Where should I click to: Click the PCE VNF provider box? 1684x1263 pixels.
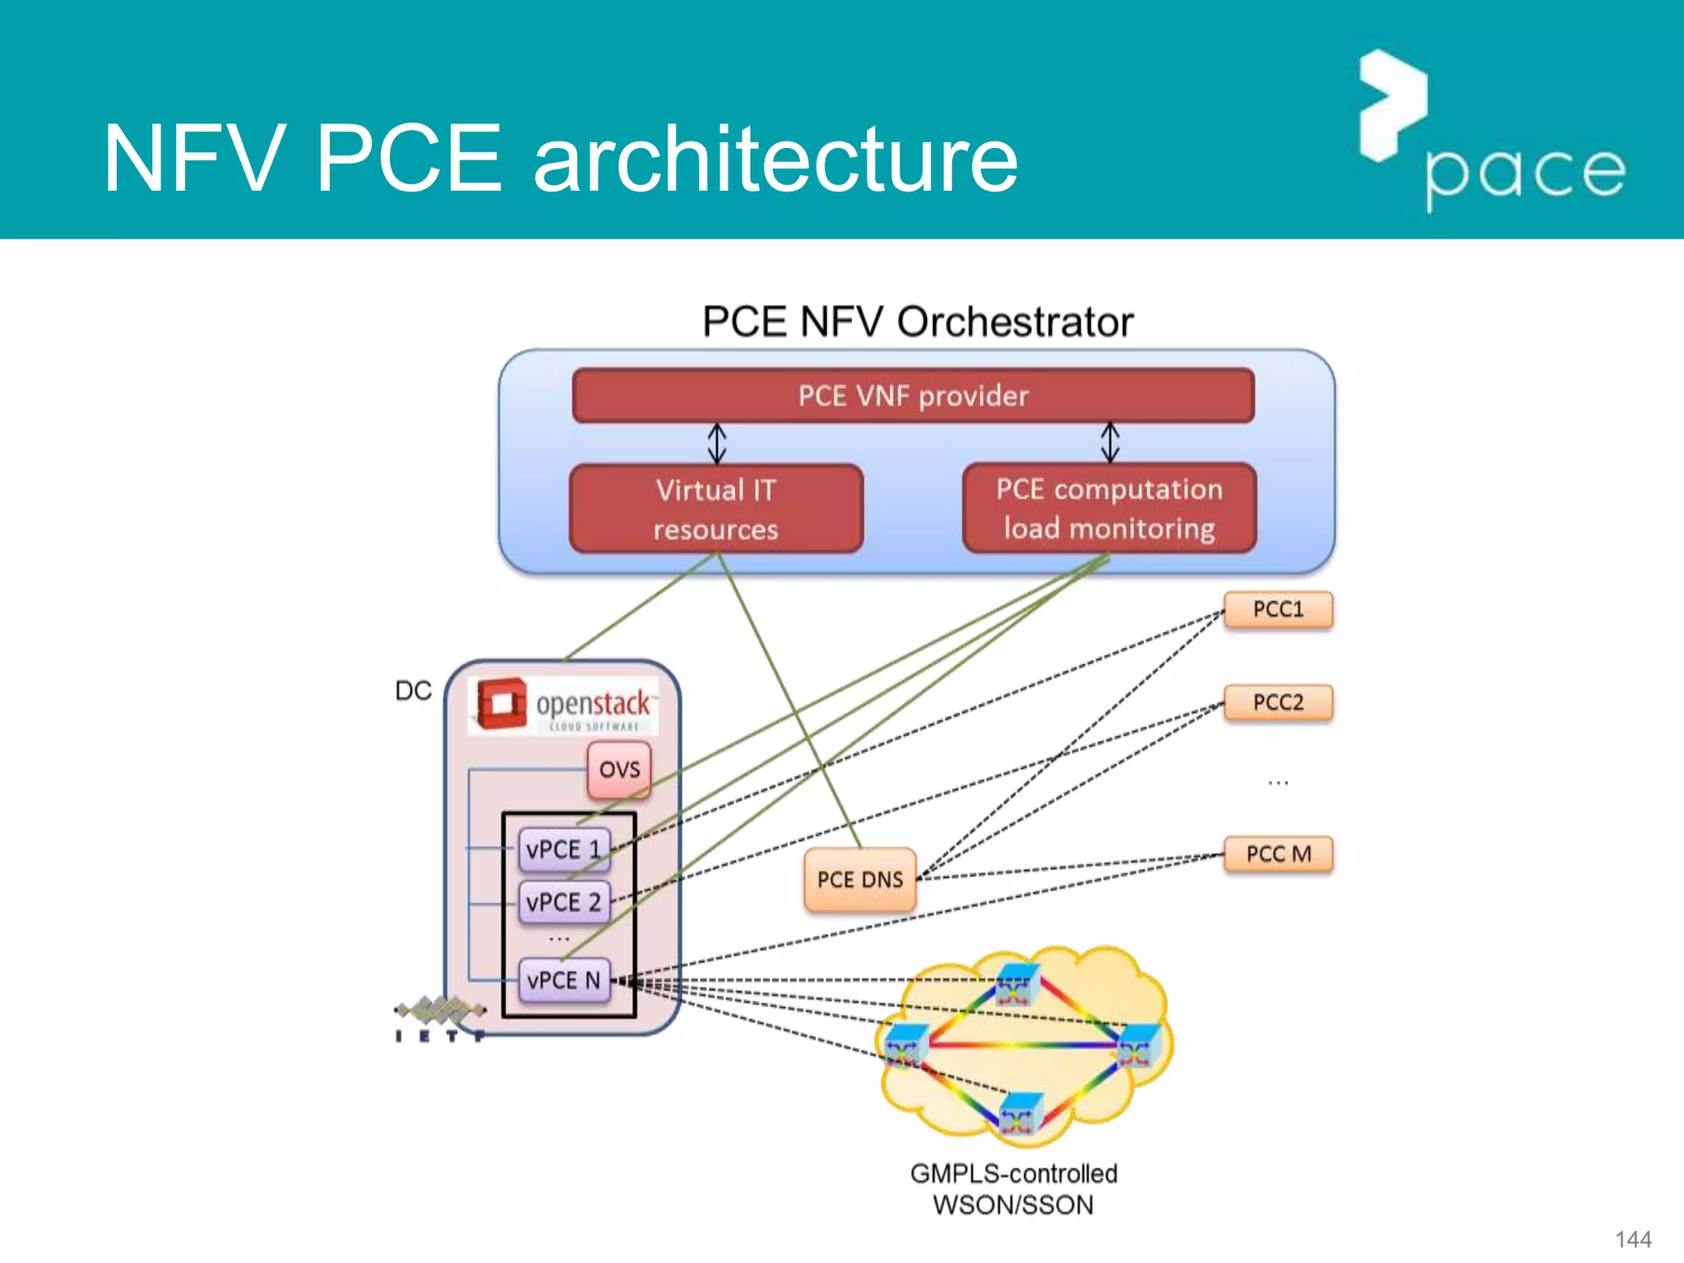913,396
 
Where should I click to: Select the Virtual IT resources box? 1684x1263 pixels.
715,509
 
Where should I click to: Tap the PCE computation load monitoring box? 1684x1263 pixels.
1108,508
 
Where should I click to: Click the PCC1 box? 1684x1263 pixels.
1278,609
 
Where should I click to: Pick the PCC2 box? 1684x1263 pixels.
1278,702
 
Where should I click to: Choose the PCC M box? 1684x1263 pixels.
1278,854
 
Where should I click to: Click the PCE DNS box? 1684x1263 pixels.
859,880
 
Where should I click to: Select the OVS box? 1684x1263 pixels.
619,770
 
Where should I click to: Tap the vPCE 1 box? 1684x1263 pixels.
564,849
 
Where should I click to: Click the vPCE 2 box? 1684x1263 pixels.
564,902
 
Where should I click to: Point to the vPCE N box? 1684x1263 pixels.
564,980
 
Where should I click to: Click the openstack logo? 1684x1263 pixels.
564,705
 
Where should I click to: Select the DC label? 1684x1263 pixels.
413,691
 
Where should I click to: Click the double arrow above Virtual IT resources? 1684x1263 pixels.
717,443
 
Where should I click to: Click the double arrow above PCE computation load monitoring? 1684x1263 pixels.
1110,442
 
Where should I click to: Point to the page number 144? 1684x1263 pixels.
1633,1239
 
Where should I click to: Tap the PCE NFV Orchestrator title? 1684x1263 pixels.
917,322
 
